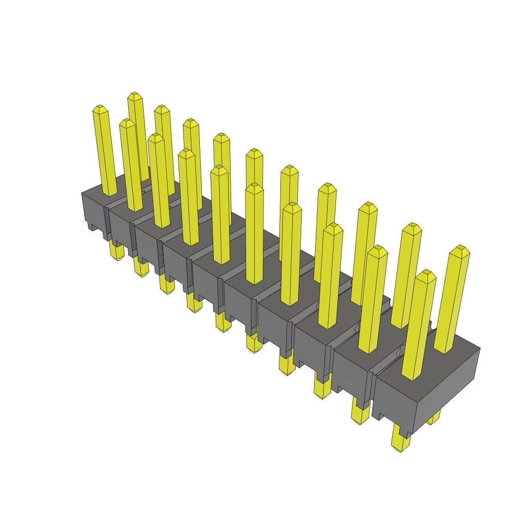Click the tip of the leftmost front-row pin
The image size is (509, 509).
click(100, 108)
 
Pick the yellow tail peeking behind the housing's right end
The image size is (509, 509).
click(433, 418)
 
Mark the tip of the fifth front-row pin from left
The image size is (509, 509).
click(220, 169)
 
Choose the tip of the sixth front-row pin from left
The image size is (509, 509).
click(254, 187)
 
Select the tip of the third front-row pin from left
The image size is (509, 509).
click(156, 137)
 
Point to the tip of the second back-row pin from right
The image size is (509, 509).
click(412, 227)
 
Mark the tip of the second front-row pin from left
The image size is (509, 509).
click(127, 122)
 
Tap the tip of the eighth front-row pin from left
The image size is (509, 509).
click(333, 227)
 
